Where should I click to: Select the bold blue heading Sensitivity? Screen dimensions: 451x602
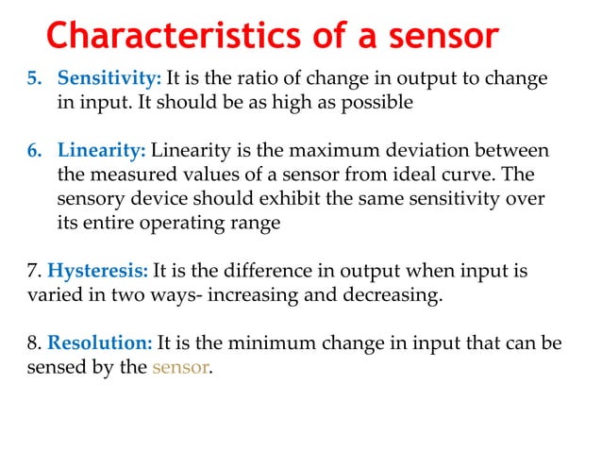(x=109, y=79)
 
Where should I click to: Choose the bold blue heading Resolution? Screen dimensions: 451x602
(x=100, y=343)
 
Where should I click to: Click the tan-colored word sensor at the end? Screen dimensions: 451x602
(x=179, y=368)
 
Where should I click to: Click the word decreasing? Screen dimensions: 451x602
(x=394, y=295)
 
